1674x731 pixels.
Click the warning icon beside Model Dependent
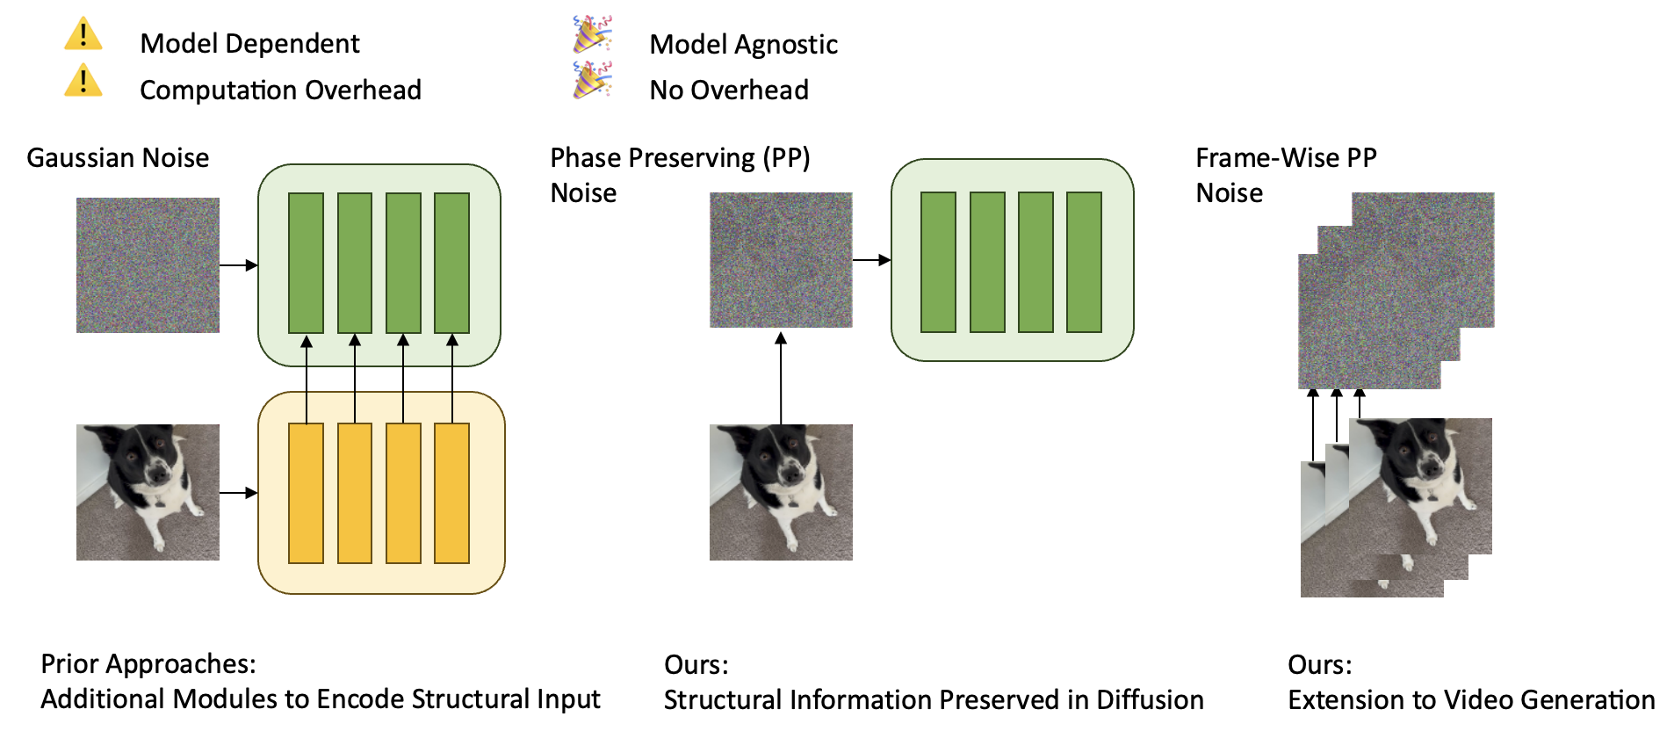[x=83, y=35]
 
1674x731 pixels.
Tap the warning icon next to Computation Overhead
[x=83, y=81]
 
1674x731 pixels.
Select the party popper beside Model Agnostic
[x=592, y=34]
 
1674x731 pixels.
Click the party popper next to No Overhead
[x=592, y=80]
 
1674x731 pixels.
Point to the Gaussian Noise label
[x=118, y=158]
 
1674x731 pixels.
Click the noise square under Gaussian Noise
[x=148, y=265]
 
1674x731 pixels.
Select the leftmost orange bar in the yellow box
[x=306, y=493]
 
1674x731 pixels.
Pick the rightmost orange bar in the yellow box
[x=451, y=493]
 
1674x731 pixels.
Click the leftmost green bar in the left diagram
[x=306, y=264]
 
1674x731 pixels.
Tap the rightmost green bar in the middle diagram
[x=1084, y=262]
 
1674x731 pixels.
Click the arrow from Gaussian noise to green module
[x=238, y=265]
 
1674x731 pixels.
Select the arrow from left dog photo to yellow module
[x=238, y=493]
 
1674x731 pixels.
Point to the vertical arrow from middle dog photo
[x=781, y=378]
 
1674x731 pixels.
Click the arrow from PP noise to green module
[x=871, y=260]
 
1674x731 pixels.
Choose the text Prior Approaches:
[x=148, y=664]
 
